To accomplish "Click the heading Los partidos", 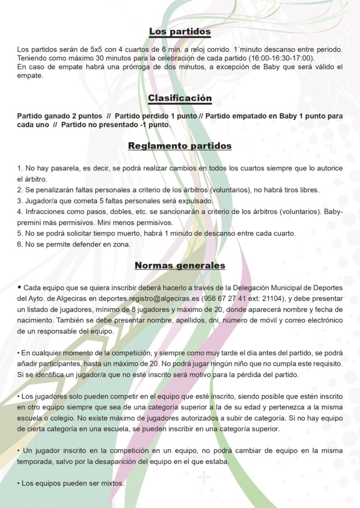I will coord(180,32).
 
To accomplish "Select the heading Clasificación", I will coord(180,98).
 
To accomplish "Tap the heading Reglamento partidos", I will coord(180,146).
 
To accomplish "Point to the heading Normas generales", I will coord(180,265).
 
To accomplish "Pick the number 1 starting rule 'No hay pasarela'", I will coord(19,169).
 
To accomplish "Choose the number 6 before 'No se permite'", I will coord(19,244).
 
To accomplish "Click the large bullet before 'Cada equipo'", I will coord(19,287).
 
